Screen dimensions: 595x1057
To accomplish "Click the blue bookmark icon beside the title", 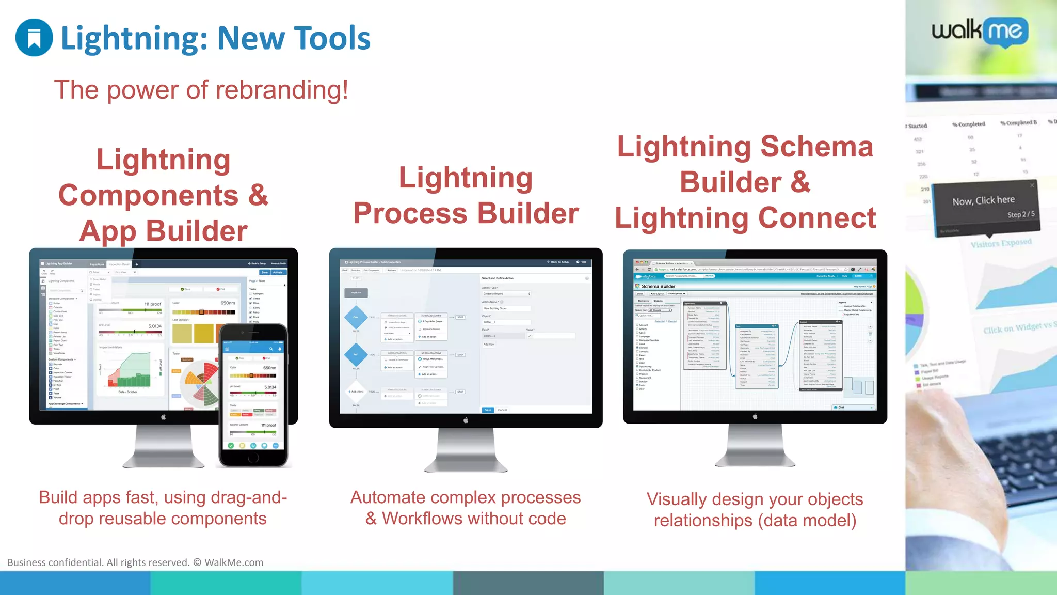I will point(34,38).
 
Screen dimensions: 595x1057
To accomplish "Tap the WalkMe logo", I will point(980,32).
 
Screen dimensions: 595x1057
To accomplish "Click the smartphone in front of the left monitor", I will point(253,395).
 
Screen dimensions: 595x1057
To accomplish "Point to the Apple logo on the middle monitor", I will point(466,420).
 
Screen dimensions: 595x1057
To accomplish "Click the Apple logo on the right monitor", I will point(755,416).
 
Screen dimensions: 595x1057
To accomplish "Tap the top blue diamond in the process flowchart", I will point(356,317).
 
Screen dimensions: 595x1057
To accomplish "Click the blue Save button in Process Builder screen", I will point(488,410).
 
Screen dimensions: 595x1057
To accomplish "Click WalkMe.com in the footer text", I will point(234,562).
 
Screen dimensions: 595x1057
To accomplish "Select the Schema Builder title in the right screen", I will point(658,286).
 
